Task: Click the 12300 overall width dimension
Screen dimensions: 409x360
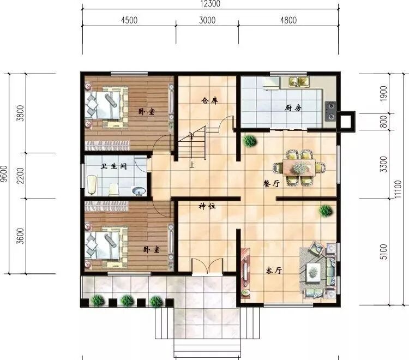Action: point(210,4)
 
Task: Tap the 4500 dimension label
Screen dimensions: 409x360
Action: point(129,20)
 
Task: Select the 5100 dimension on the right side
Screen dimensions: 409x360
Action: point(384,252)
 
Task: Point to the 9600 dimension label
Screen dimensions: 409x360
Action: point(4,173)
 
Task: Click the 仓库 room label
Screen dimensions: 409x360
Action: point(209,100)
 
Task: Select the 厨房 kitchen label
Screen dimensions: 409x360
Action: point(293,107)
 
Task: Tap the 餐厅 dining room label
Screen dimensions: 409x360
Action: point(272,184)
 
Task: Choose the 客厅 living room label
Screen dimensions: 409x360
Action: point(274,270)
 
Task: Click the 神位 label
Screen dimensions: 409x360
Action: point(207,206)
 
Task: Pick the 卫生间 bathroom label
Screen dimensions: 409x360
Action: point(114,166)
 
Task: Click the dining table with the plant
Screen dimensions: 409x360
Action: point(299,168)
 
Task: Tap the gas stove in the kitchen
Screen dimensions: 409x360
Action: point(330,111)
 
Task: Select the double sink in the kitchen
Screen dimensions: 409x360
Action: point(299,82)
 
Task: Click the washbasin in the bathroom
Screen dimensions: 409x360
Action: point(139,191)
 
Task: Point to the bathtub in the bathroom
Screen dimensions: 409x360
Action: point(91,185)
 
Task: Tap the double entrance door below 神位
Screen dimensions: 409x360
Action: point(207,266)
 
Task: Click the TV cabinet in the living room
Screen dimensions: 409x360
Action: point(245,273)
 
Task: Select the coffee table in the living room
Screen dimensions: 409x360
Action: point(313,272)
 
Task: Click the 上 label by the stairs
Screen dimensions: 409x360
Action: point(192,165)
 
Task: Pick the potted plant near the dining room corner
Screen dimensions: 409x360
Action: point(250,141)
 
